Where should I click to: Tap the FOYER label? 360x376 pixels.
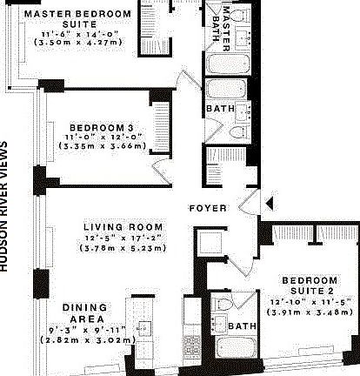[x=210, y=209]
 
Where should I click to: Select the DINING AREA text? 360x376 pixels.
[x=85, y=313]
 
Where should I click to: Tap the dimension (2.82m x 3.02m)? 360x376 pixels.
[x=85, y=340]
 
